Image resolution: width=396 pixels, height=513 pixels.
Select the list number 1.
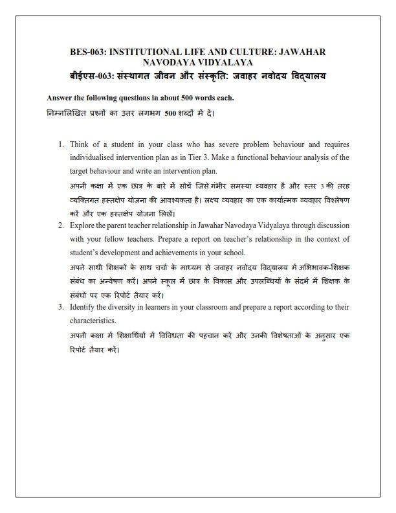60,144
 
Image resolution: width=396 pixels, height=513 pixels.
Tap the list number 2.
60,225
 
